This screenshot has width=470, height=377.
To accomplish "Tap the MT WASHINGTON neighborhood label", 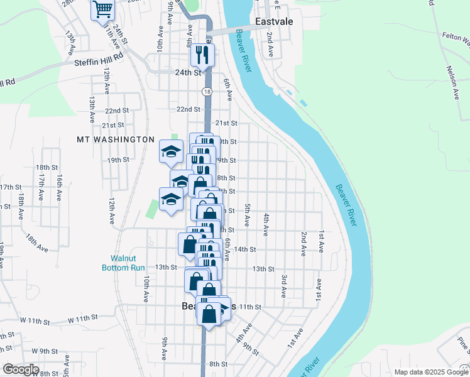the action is pyautogui.click(x=116, y=139).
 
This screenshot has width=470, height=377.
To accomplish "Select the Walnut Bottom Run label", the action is pyautogui.click(x=124, y=263).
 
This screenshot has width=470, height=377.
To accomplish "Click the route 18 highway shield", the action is pyautogui.click(x=207, y=92).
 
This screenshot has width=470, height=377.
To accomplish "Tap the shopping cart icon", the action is pyautogui.click(x=102, y=10).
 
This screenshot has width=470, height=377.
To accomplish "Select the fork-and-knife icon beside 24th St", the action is pyautogui.click(x=202, y=55).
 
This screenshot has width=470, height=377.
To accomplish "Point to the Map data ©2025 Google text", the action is pyautogui.click(x=431, y=372).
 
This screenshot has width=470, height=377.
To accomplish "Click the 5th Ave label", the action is pyautogui.click(x=248, y=216).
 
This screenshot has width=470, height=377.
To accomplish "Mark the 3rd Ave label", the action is pyautogui.click(x=284, y=286).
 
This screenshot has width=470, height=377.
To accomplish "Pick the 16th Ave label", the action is pyautogui.click(x=58, y=187).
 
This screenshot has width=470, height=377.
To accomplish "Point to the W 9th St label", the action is pyautogui.click(x=40, y=351).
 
